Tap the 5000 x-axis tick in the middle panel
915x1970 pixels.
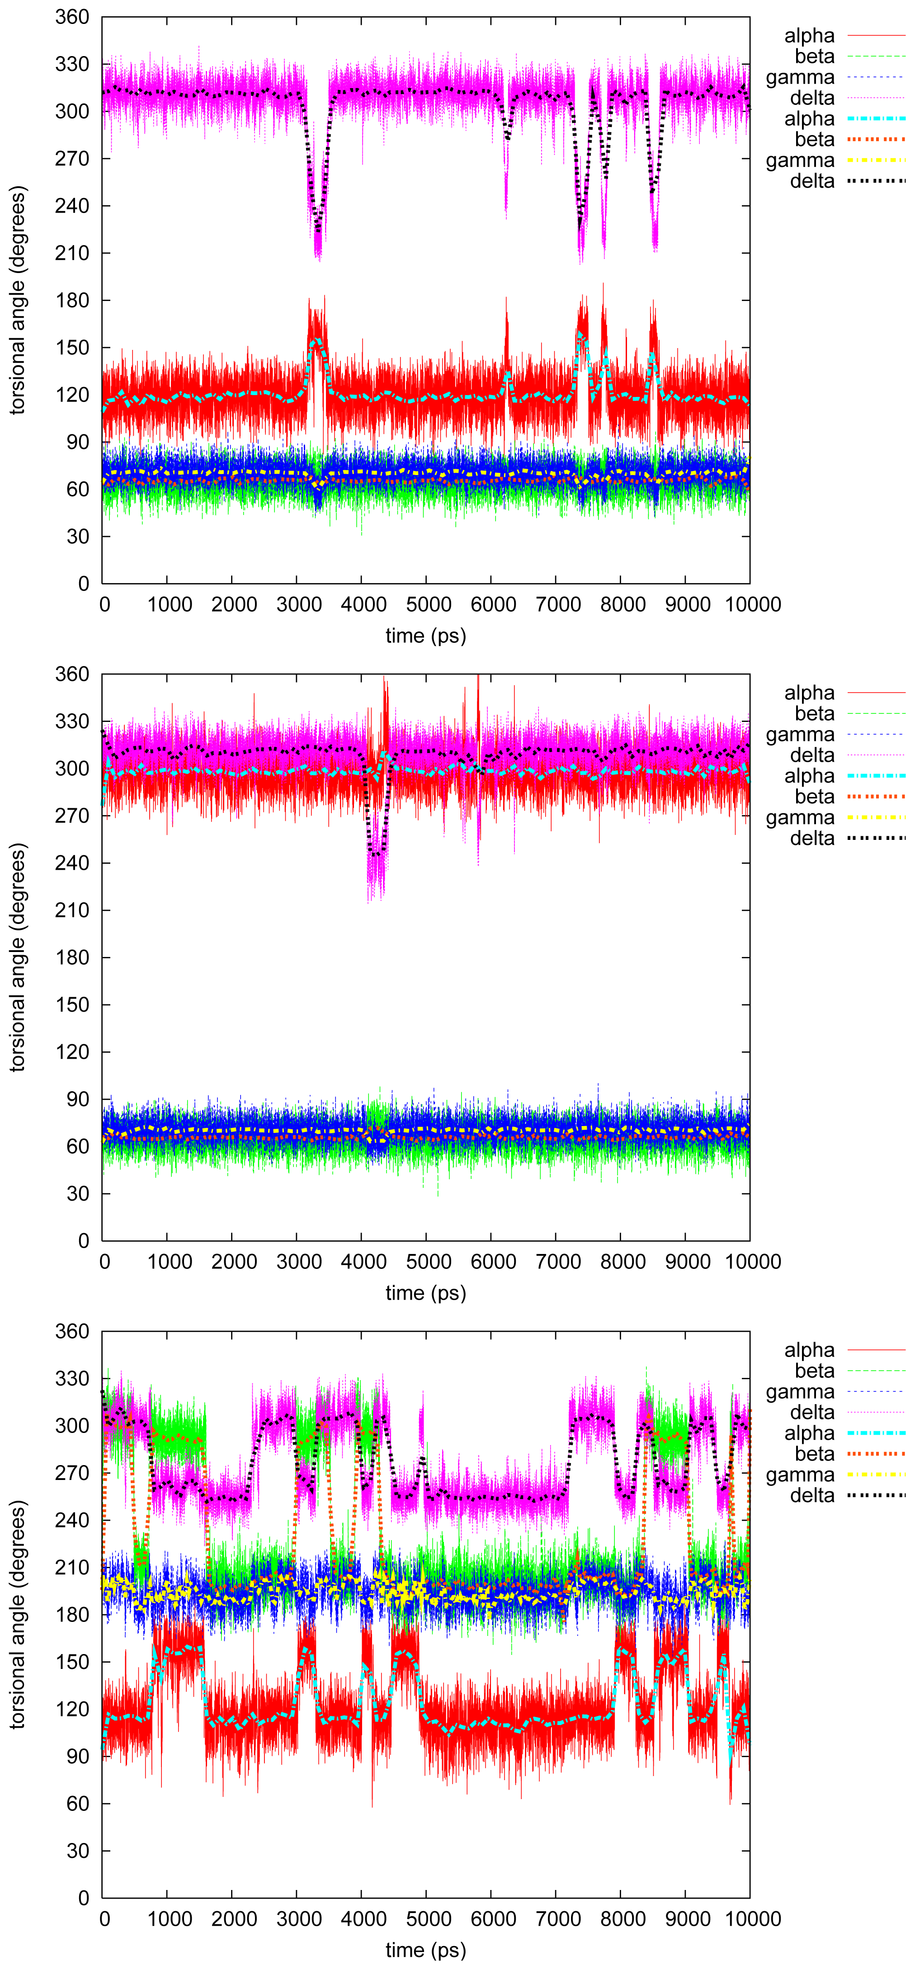click(x=429, y=1261)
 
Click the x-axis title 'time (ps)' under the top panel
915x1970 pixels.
click(x=425, y=636)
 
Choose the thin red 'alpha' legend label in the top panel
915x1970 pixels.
click(x=809, y=36)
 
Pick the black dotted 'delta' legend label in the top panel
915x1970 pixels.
click(x=812, y=181)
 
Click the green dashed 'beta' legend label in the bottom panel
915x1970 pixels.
click(x=814, y=1371)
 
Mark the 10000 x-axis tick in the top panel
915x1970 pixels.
click(x=753, y=604)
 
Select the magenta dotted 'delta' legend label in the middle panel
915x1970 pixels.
click(x=812, y=755)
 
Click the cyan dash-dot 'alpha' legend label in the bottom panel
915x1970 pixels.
click(x=809, y=1433)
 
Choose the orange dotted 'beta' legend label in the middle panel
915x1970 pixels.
click(x=814, y=797)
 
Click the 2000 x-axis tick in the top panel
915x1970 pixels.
click(x=234, y=604)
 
